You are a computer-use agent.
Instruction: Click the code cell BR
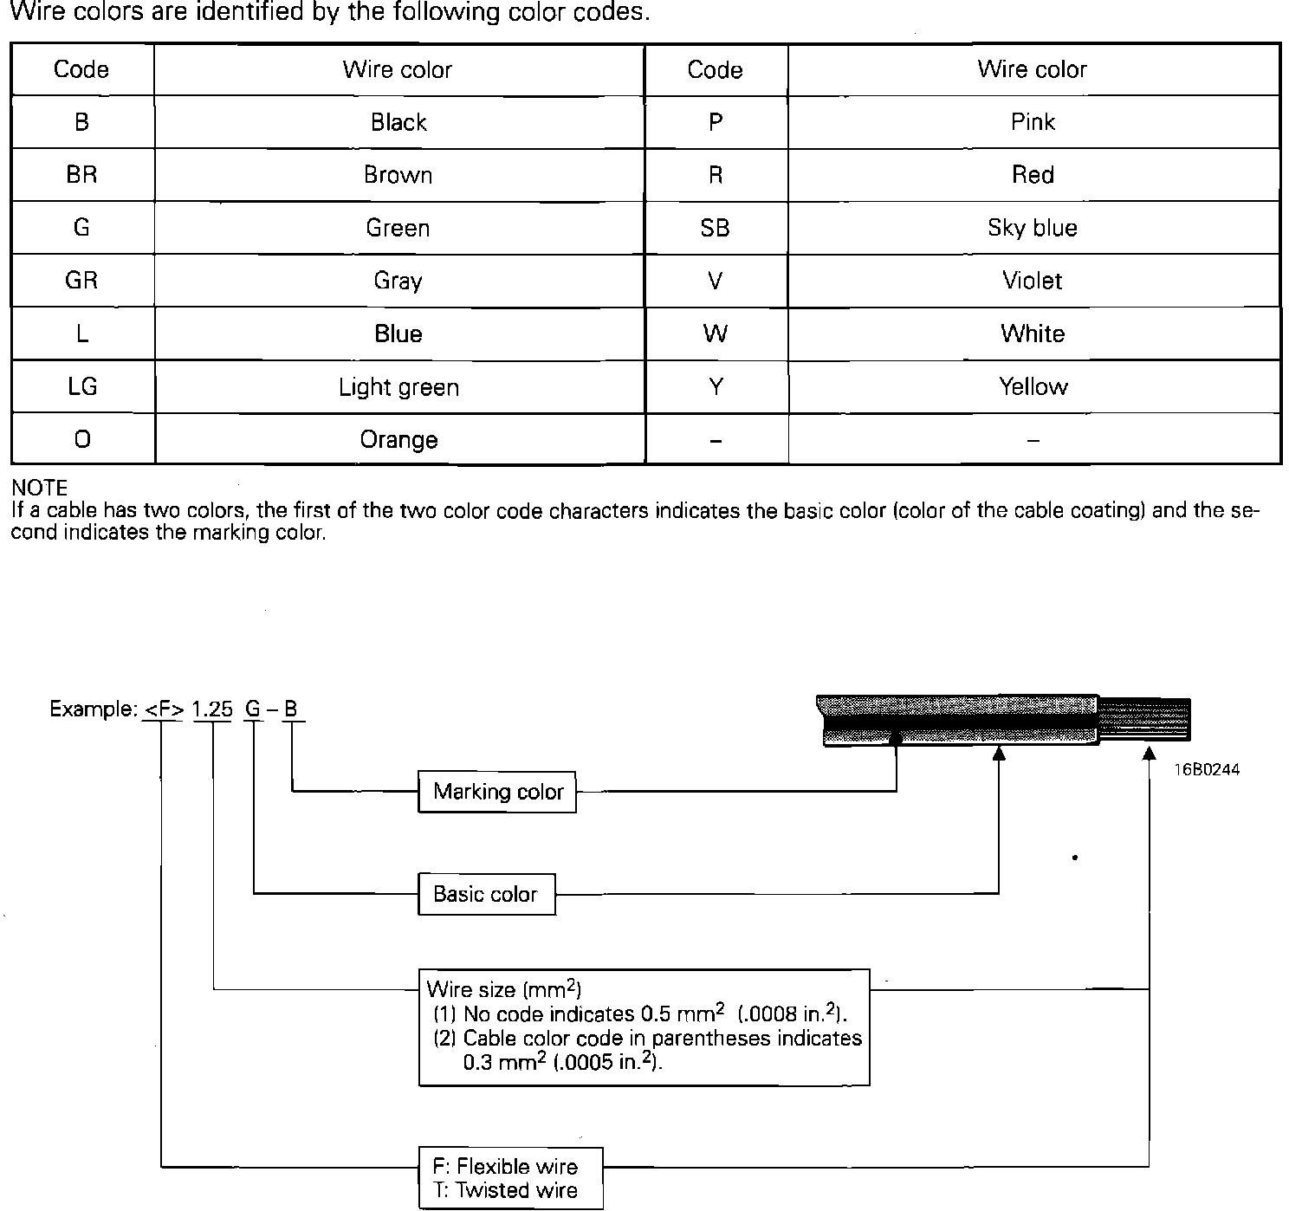[81, 175]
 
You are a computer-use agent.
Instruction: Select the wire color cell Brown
[398, 175]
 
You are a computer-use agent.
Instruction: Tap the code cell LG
[81, 386]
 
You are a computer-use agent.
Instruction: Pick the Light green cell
[398, 386]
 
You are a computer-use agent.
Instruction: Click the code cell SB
[715, 228]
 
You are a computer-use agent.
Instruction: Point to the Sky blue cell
[1032, 228]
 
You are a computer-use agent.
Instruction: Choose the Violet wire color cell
[1032, 281]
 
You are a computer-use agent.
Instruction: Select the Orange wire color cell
[398, 439]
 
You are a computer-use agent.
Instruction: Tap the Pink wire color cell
[1032, 122]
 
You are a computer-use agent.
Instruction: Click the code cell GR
[81, 281]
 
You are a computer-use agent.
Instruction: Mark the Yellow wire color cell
[1032, 386]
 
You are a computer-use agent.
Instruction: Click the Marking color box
[497, 791]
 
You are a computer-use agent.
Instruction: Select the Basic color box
[486, 894]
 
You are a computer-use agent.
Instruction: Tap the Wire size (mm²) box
[644, 1026]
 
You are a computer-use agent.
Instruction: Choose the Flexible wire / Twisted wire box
[510, 1178]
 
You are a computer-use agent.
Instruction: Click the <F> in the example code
[163, 709]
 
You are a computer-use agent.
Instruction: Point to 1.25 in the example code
[212, 709]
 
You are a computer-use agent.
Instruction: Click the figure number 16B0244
[1207, 769]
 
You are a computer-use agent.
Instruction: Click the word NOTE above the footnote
[40, 488]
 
